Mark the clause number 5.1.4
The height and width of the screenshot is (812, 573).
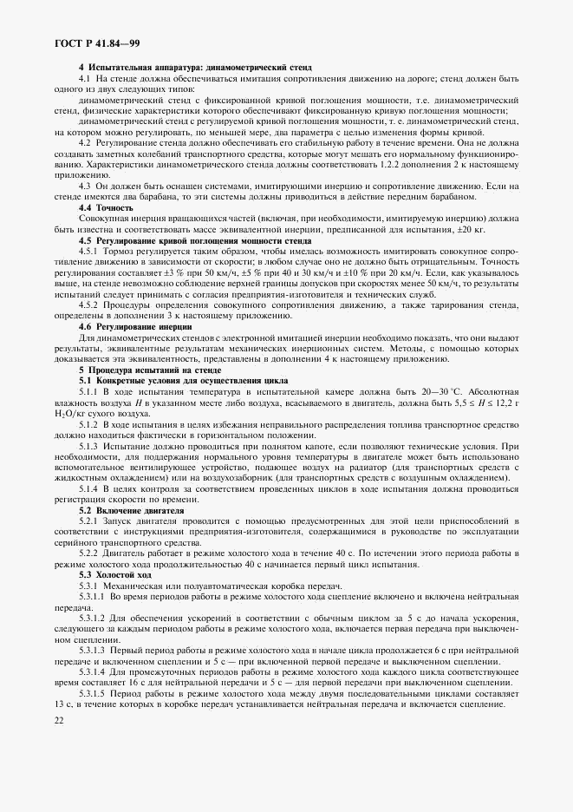click(89, 490)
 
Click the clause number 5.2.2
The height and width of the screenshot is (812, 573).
click(89, 553)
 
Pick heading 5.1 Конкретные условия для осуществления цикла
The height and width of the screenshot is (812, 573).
click(185, 381)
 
